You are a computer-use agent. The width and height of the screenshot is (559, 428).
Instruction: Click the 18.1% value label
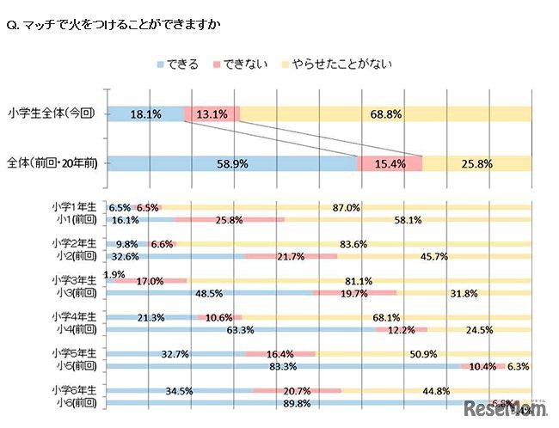click(147, 113)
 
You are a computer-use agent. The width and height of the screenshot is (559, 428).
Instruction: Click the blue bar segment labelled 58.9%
click(232, 162)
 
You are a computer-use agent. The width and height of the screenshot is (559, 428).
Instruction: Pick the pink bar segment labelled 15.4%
click(390, 162)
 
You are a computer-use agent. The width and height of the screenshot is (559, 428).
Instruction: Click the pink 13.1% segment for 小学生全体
click(212, 113)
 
